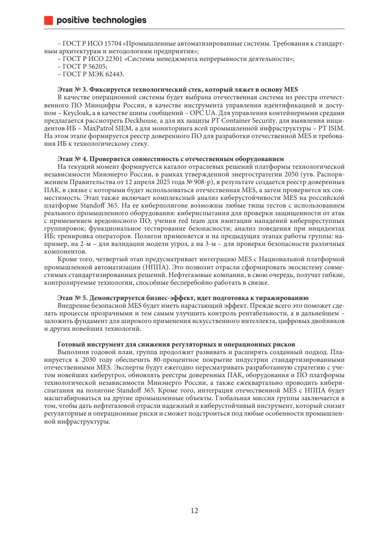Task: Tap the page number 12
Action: pos(194,511)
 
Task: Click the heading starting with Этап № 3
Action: pos(177,89)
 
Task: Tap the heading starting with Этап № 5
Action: pos(183,297)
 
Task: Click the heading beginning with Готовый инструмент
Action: pos(176,344)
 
